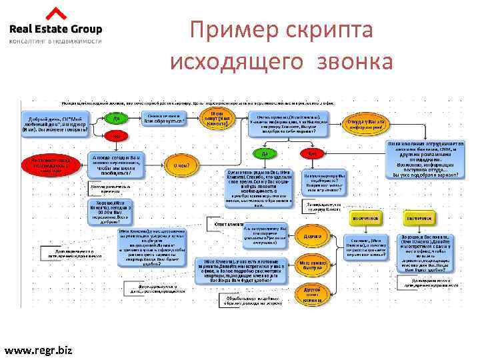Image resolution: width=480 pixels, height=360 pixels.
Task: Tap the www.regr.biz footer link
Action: (39, 349)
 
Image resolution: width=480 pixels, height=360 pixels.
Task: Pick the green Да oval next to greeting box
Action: (116, 119)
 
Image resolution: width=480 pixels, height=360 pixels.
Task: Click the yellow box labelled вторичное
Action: (366, 218)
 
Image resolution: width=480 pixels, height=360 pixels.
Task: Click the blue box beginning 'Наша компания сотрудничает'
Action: (423, 157)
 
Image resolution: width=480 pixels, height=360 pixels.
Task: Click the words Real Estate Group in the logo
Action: (55, 29)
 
